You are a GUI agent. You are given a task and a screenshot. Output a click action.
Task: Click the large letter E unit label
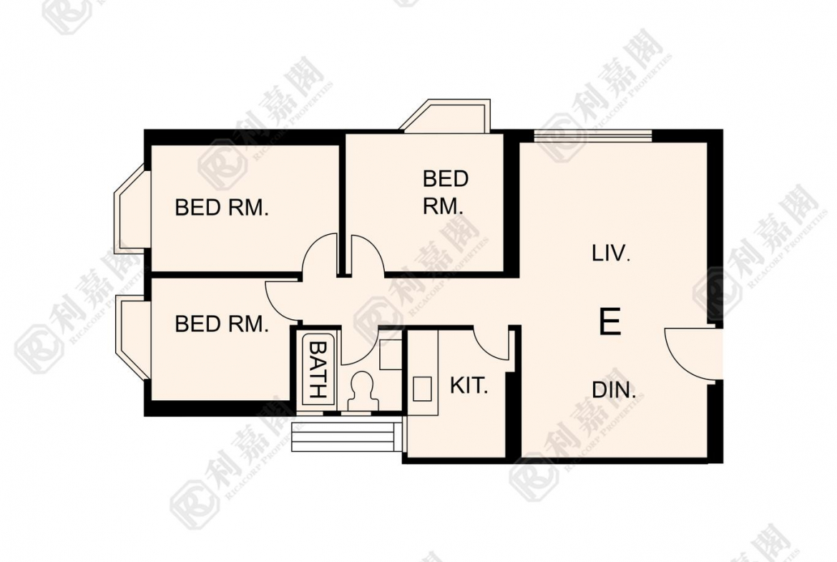pyautogui.click(x=610, y=321)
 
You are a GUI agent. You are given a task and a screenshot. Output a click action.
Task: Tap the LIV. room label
pyautogui.click(x=611, y=253)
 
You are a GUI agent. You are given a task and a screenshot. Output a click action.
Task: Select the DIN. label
pyautogui.click(x=614, y=390)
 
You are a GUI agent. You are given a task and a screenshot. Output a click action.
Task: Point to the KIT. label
pyautogui.click(x=469, y=385)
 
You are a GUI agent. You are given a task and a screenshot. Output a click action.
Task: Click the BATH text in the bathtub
pyautogui.click(x=318, y=369)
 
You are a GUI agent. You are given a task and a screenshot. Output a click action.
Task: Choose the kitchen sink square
pyautogui.click(x=422, y=388)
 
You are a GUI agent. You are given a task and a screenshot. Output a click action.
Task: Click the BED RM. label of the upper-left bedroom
pyautogui.click(x=222, y=208)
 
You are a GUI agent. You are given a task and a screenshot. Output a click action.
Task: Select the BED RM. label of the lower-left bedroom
pyautogui.click(x=222, y=324)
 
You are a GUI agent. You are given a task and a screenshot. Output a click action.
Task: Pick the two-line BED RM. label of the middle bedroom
pyautogui.click(x=445, y=193)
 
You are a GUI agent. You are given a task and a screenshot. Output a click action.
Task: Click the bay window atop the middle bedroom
pyautogui.click(x=446, y=115)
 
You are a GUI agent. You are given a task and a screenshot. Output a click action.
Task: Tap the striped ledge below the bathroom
pyautogui.click(x=348, y=435)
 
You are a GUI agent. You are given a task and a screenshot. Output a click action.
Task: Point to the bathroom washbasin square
pyautogui.click(x=390, y=354)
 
